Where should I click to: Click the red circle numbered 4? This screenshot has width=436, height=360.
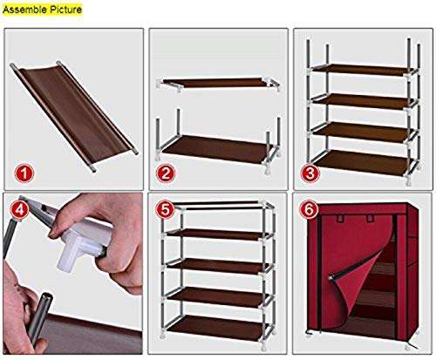pyautogui.click(x=19, y=210)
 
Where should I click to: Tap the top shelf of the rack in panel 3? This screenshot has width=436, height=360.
pyautogui.click(x=362, y=68)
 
